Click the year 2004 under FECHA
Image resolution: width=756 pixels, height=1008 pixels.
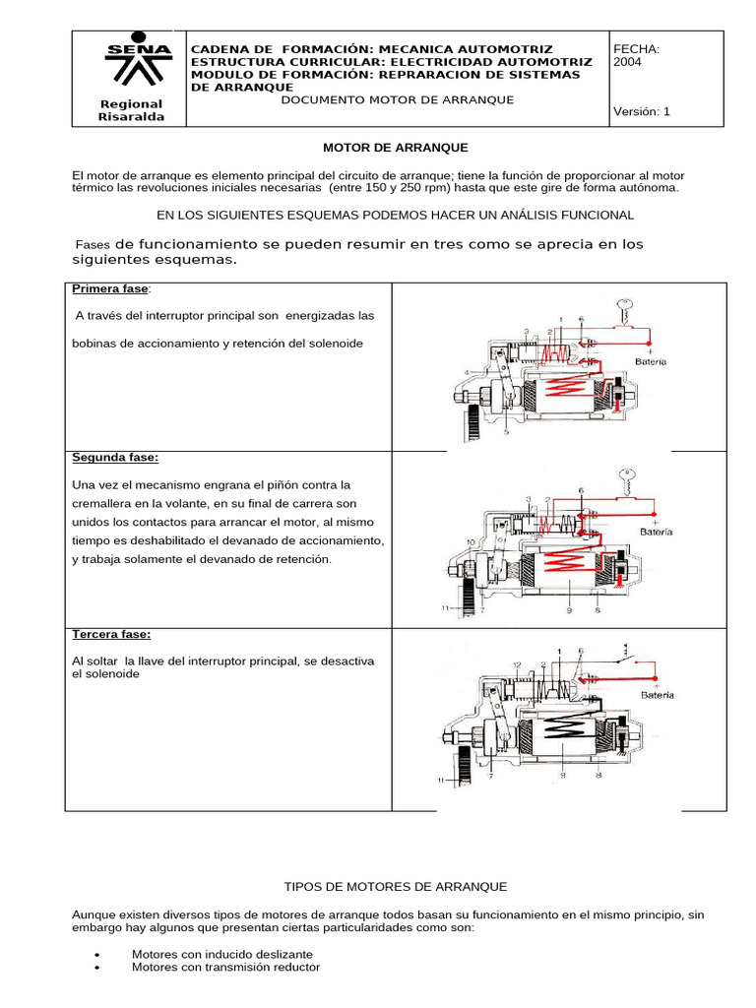pos(627,62)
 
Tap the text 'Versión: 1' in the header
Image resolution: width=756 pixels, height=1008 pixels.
pos(641,112)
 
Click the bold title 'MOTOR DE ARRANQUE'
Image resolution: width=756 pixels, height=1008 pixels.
pos(397,148)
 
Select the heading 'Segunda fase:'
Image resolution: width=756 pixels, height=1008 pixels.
pos(115,458)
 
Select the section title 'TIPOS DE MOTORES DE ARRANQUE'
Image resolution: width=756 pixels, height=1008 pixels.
pos(395,887)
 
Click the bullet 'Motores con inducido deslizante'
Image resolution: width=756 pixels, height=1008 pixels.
pos(222,954)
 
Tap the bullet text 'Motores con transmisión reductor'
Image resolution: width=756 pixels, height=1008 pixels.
pos(225,968)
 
